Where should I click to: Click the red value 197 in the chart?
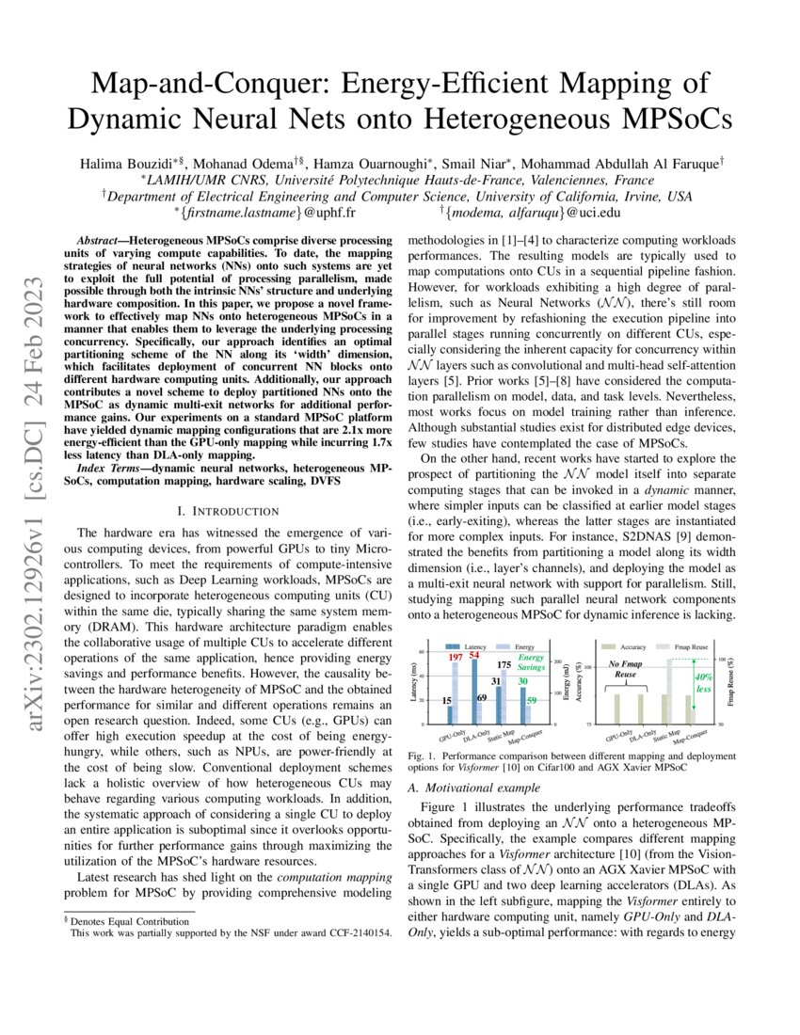tap(455, 657)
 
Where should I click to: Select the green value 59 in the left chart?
tap(531, 701)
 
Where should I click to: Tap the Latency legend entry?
tap(472, 646)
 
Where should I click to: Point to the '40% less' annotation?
tap(702, 683)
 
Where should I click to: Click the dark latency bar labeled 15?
tap(450, 715)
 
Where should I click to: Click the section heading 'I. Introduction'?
tap(227, 510)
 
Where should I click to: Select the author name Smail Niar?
tap(482, 138)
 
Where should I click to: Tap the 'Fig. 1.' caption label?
tap(422, 756)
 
